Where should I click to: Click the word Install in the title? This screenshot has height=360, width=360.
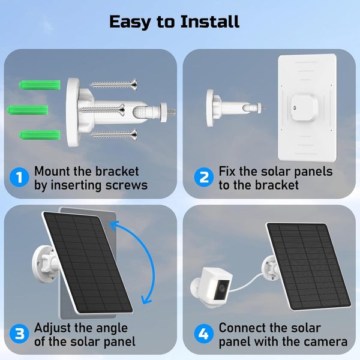209,22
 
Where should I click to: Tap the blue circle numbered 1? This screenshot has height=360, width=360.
19,177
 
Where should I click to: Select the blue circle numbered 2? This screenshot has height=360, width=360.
204,177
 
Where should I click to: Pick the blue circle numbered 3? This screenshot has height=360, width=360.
19,334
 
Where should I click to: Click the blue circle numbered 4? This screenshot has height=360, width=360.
204,334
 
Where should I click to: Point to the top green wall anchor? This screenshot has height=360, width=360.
40,85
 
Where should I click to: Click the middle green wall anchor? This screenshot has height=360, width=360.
28,110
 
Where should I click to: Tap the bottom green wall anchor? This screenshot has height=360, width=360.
40,135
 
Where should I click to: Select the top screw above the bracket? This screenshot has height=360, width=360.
115,85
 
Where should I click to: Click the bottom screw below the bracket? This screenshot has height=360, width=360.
115,134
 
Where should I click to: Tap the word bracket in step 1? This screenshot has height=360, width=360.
117,171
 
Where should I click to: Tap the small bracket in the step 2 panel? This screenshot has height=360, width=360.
236,107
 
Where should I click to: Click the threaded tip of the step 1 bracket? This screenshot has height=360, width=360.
171,112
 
